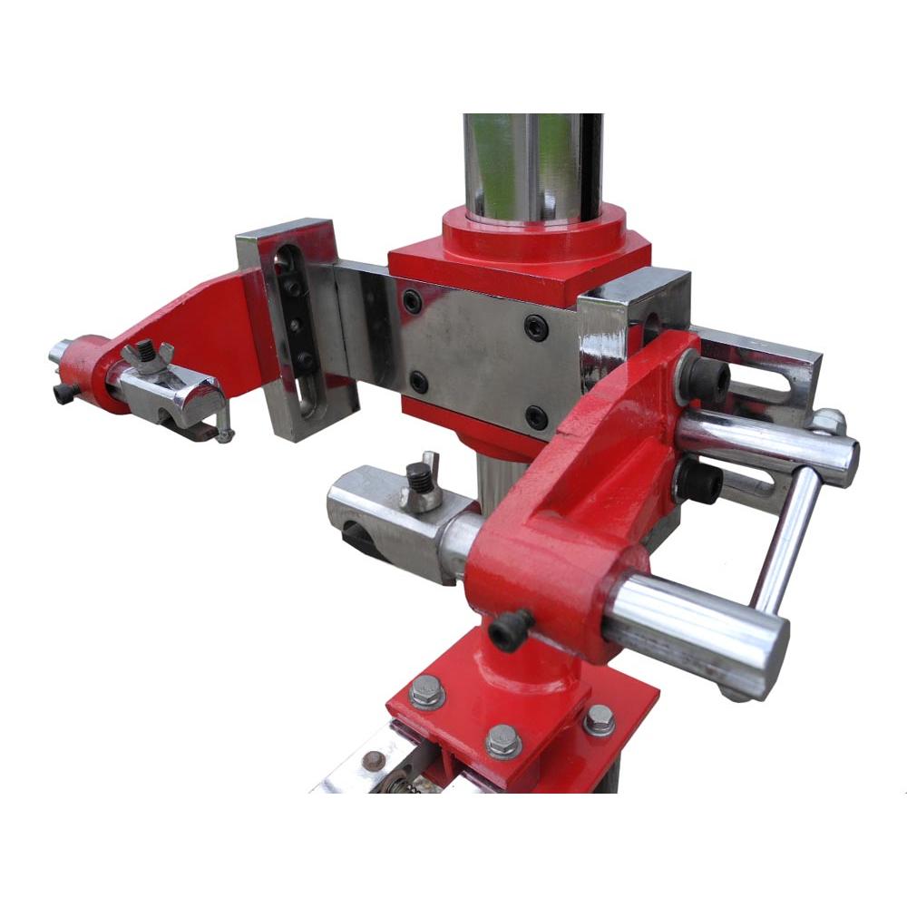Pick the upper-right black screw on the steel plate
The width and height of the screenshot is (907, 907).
click(536, 327)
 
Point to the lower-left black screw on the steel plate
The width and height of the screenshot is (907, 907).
click(418, 382)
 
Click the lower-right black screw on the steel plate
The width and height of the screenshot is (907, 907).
click(537, 417)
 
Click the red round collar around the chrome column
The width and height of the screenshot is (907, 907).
click(534, 232)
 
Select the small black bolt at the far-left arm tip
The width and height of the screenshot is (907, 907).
click(64, 393)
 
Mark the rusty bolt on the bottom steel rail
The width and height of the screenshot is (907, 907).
click(374, 760)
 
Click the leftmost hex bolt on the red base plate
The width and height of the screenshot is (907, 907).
click(426, 692)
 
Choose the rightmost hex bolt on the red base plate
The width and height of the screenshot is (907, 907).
click(599, 720)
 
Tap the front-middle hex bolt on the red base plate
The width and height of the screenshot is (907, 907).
click(503, 741)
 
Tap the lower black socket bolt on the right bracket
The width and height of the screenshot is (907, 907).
click(701, 481)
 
